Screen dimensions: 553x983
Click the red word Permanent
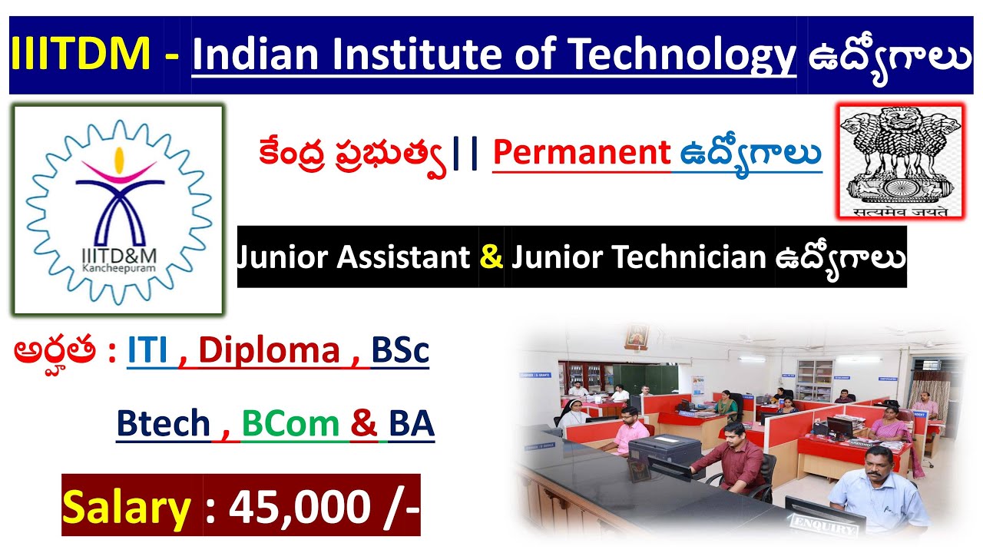581,154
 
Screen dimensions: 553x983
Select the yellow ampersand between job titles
491,257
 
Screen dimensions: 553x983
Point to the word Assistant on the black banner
403,257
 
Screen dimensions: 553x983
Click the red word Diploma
270,351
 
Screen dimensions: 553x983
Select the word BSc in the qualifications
400,351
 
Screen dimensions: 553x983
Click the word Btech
163,423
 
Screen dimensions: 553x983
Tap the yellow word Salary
127,508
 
